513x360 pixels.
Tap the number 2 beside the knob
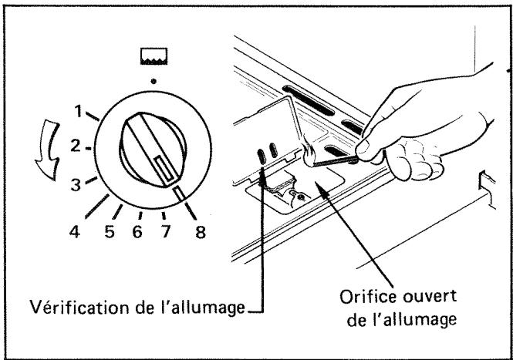point(76,146)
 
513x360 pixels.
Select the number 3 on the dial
point(76,185)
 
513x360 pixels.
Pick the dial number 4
point(75,232)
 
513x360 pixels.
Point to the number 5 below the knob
point(110,232)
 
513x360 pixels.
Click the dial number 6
point(137,232)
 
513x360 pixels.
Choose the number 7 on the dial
point(166,232)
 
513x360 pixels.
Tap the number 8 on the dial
point(201,232)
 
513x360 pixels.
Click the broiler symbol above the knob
point(154,56)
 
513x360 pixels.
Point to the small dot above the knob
point(153,81)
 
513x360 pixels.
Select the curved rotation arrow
point(48,150)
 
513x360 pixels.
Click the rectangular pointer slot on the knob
point(167,169)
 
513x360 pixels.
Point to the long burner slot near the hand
point(309,101)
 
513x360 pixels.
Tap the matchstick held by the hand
point(334,161)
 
